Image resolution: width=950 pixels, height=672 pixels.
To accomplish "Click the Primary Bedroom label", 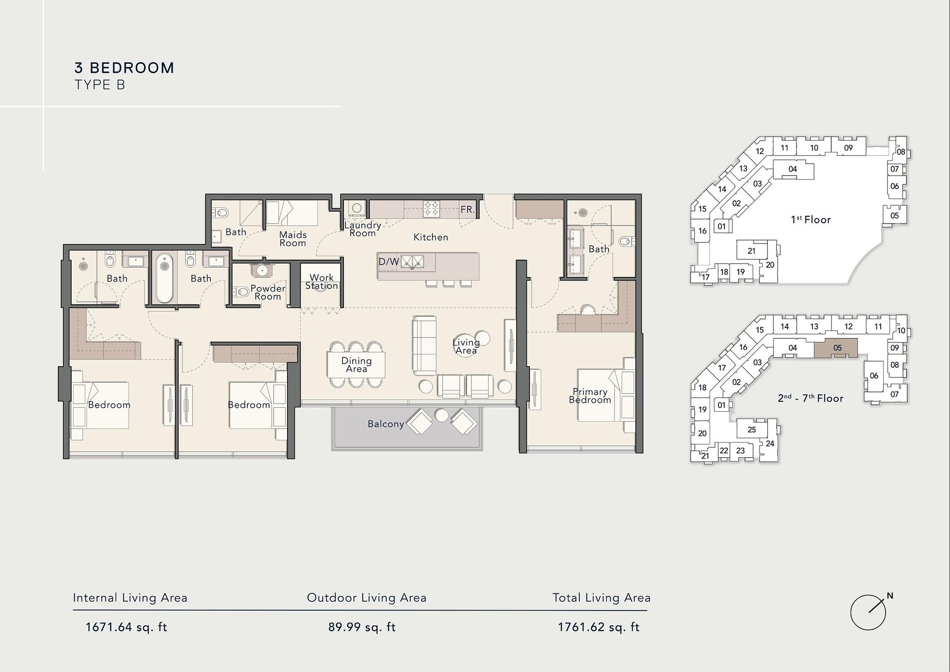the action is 590,396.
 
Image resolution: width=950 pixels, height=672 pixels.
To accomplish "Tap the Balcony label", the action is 386,424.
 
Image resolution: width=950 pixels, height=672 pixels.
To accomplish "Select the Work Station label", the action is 322,282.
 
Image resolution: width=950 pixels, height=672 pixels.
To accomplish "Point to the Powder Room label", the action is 268,292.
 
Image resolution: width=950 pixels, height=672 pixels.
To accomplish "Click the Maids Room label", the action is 293,239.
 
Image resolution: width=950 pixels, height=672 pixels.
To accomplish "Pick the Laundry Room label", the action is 363,229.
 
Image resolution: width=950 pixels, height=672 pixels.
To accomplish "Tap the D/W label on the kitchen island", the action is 389,262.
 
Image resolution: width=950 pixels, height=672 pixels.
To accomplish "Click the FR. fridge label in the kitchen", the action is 468,209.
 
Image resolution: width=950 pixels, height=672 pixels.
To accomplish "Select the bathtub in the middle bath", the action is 165,278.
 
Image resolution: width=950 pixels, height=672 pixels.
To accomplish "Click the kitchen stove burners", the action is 431,208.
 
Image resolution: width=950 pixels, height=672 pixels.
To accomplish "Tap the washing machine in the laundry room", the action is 356,209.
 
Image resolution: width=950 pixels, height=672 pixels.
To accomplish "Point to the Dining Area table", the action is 356,365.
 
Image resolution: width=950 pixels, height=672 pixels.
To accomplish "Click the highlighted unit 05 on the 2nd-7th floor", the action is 836,348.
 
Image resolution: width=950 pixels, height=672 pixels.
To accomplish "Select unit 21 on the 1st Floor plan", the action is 752,250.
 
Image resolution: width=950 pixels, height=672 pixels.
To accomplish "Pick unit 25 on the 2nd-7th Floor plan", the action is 752,430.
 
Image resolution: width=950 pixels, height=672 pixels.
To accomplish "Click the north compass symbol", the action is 868,612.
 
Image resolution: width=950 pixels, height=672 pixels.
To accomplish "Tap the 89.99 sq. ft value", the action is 362,627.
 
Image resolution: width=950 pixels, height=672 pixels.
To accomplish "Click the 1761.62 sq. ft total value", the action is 599,627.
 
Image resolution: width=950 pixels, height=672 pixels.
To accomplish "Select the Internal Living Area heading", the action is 130,598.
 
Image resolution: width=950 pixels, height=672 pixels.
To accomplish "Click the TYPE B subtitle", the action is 100,85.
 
